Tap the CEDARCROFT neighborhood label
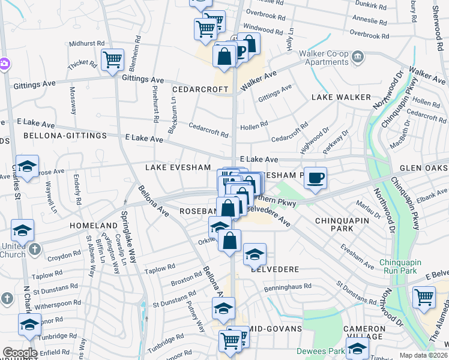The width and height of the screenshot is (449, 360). pos(200,89)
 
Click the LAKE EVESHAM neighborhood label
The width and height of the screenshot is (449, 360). pos(178,167)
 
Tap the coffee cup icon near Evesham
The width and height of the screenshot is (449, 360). pos(315,178)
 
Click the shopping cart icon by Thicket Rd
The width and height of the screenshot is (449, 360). pos(112,59)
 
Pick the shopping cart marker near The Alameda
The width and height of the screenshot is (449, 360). pos(424,297)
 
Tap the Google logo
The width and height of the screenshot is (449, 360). pos(20,353)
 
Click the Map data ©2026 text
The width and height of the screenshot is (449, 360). pos(424,355)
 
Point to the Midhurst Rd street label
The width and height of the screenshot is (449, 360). pos(86,44)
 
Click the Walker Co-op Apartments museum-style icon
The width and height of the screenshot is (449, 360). pos(358,57)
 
